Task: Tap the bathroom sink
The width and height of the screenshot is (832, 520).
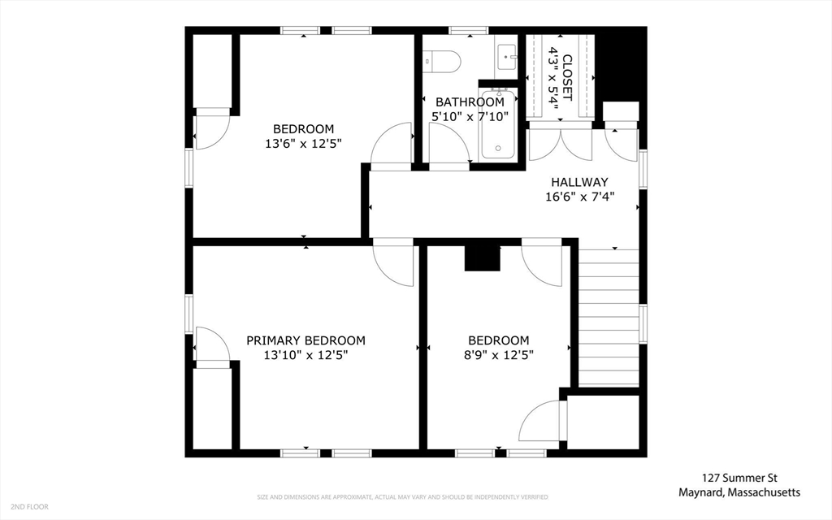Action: click(507, 56)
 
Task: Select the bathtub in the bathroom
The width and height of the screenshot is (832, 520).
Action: click(498, 123)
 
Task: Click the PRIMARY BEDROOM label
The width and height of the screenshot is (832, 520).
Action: click(305, 340)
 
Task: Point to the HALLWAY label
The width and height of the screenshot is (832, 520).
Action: click(579, 182)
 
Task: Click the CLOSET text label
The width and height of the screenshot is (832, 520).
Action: click(567, 77)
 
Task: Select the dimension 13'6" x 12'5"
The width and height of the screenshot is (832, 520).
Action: click(303, 143)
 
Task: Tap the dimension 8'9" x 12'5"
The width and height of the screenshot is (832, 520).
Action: click(498, 355)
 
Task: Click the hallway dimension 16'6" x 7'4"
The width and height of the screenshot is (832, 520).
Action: click(579, 197)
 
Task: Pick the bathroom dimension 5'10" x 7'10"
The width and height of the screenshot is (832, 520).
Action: click(470, 116)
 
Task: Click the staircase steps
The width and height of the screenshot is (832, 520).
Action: click(608, 318)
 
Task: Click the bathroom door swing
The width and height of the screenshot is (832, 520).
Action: click(448, 147)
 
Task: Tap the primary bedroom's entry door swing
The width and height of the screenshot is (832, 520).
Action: click(393, 262)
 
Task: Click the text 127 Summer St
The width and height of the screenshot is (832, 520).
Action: click(739, 478)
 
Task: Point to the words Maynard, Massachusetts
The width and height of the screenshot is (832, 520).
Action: click(739, 493)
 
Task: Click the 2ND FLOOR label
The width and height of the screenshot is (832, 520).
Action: click(29, 507)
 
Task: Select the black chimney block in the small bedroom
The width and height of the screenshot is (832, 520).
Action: click(483, 258)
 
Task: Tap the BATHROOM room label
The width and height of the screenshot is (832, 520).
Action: click(470, 102)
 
